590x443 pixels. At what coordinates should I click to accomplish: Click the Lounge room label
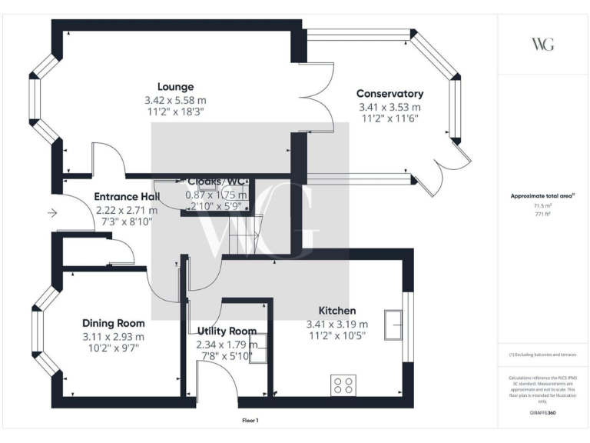tap(175, 86)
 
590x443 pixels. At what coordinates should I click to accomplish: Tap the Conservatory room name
tap(389, 94)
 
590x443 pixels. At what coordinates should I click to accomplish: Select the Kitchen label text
tap(336, 311)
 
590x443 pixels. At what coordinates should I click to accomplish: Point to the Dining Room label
tap(114, 323)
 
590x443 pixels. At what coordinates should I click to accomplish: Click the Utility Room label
tap(226, 331)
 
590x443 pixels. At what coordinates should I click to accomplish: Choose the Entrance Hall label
tap(126, 196)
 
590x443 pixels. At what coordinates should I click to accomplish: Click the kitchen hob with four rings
tap(343, 384)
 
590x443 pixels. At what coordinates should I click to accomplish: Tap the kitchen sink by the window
tap(395, 325)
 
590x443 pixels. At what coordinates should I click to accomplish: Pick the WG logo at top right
tap(542, 44)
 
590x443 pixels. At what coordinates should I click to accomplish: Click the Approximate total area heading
tap(542, 196)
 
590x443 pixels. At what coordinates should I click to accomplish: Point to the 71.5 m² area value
tap(542, 207)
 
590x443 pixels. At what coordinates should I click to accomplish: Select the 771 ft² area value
tap(542, 215)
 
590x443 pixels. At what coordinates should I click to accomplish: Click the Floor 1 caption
tap(250, 421)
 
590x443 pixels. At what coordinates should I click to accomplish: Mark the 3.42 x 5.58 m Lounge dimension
tap(175, 100)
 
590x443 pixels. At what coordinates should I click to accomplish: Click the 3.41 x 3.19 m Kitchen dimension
tap(336, 324)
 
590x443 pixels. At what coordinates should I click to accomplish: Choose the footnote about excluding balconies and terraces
tap(542, 355)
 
